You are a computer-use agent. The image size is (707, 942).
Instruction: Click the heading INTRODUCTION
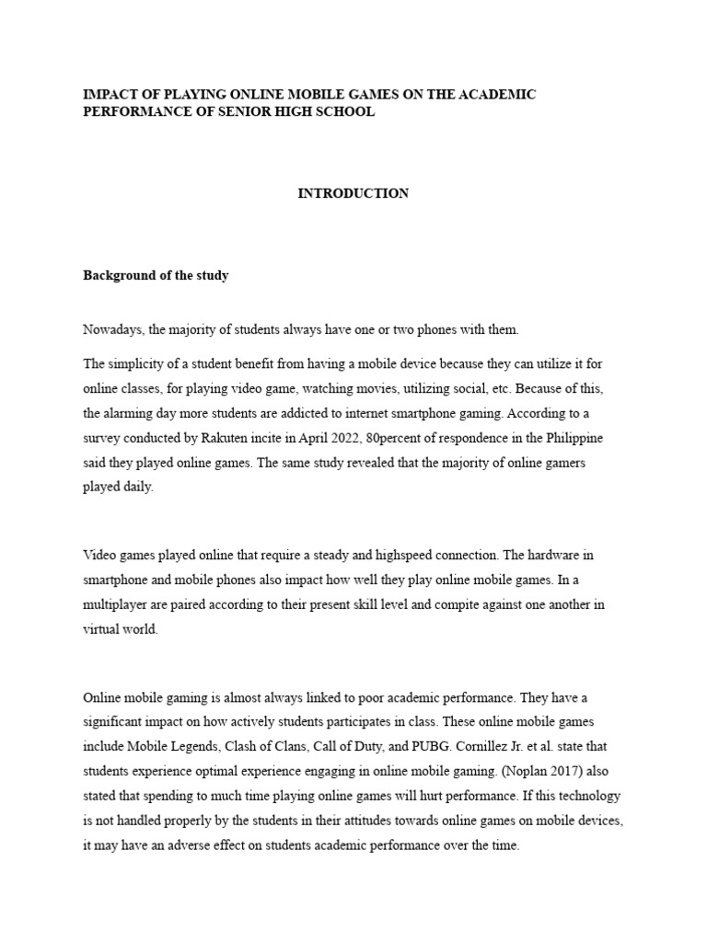coord(353,194)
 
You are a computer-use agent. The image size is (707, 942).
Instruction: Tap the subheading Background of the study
coord(156,276)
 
